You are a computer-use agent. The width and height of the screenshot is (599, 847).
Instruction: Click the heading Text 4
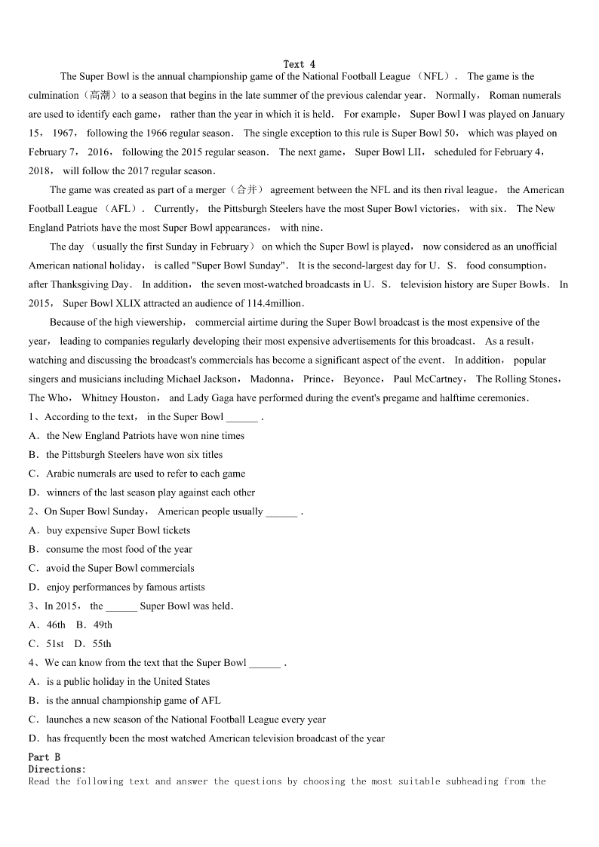tap(299, 65)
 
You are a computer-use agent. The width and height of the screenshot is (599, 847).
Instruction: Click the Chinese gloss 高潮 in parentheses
tap(99, 96)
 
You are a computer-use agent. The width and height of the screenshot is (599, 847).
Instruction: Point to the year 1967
tap(63, 133)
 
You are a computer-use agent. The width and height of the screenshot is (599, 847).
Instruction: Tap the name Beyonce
tap(362, 379)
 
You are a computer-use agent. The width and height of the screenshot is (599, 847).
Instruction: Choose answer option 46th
tap(56, 625)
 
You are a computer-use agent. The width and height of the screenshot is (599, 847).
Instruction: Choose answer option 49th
tap(103, 625)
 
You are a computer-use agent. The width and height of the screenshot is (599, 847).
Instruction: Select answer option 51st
tap(55, 643)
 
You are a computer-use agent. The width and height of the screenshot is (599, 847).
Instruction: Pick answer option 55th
tap(101, 643)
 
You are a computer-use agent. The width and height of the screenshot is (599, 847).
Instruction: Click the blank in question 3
tap(121, 606)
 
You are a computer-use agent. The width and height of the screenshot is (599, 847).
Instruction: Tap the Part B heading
tap(45, 757)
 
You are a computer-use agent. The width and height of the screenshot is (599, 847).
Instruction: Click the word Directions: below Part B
tap(57, 769)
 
